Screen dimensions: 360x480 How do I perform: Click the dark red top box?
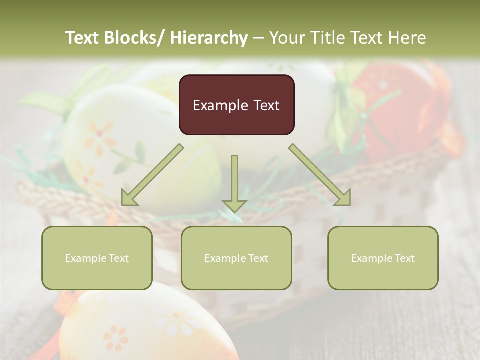[236, 105]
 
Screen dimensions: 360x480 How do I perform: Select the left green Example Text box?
[97, 258]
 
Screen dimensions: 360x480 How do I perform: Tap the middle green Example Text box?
[236, 258]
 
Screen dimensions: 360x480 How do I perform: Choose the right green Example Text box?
[383, 258]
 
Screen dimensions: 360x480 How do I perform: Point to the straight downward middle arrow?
[234, 182]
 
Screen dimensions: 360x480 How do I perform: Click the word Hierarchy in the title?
[209, 38]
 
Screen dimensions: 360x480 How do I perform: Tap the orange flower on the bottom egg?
[115, 338]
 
